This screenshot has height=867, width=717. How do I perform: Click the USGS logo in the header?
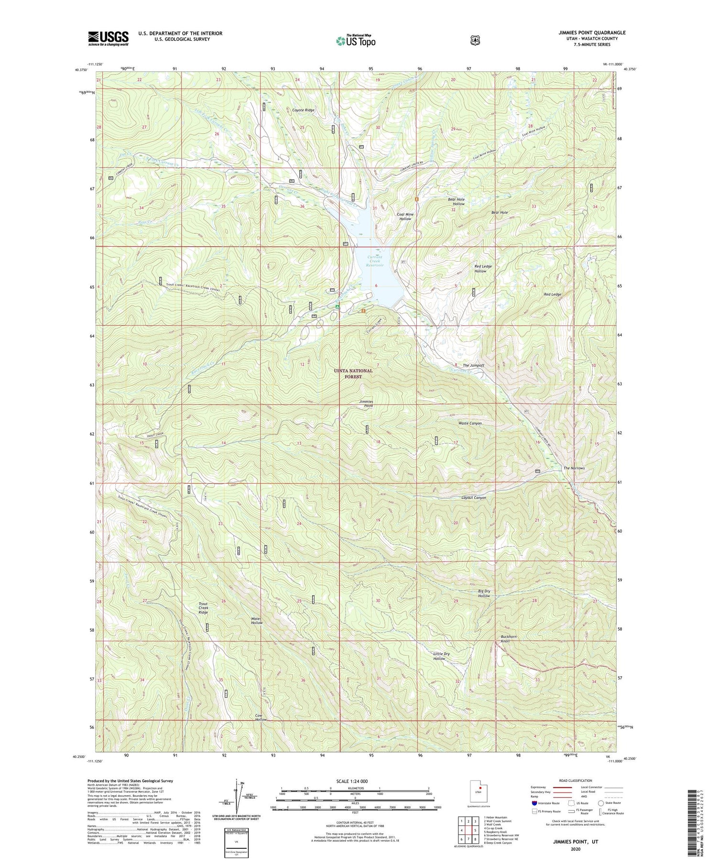pos(108,38)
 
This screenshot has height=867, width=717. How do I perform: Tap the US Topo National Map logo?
pos(356,40)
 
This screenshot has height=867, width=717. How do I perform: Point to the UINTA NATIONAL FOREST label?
pos(354,373)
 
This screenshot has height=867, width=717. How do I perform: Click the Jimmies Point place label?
pos(366,403)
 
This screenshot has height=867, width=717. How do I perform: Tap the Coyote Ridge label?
pos(304,110)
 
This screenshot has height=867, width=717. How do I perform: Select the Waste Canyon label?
pos(470,423)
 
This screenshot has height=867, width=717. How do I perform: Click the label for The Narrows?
pos(574,468)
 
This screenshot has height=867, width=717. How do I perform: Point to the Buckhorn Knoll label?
pos(509,638)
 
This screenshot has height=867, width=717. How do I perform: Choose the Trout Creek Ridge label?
pos(203,608)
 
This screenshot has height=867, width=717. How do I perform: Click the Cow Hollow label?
pos(261,717)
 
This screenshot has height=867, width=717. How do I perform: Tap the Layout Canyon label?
pos(473,498)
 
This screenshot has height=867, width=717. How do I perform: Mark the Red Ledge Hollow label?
pos(483,269)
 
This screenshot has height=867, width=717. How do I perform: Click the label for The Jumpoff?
pos(473,365)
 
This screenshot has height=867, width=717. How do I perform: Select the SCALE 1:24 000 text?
pos(355,781)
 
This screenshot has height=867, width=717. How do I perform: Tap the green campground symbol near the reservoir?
pos(337,307)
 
